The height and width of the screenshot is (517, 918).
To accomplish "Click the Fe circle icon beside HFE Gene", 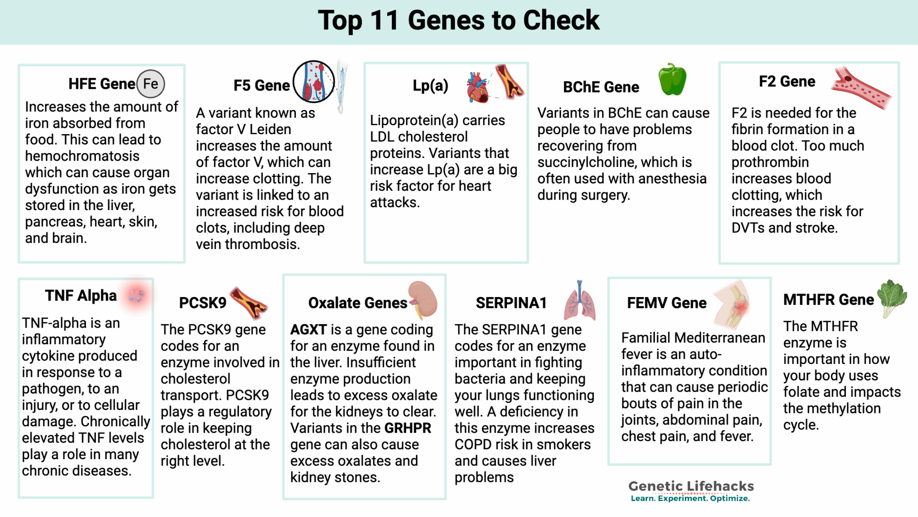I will pos(151,84).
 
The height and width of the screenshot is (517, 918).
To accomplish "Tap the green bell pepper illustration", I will pos(672,80).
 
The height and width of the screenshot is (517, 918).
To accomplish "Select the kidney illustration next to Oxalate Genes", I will pos(423,299).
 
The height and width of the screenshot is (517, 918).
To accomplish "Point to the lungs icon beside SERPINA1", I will pos(580,302).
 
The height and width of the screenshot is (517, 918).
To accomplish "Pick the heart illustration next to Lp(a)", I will pos(477,87).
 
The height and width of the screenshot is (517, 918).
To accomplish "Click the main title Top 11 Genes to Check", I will pos(459,21).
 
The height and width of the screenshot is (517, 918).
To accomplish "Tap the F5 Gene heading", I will pos(261,85).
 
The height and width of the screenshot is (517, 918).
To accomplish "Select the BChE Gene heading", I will pos(601,87).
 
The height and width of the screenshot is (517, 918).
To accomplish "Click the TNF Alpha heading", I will pos(81,296).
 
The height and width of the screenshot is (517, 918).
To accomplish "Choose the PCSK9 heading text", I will pos(203,303).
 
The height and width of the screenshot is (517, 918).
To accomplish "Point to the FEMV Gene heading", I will pos(667,303).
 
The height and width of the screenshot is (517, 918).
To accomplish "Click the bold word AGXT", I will pos(308,330).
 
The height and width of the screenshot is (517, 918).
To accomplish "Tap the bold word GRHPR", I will pos(407,428).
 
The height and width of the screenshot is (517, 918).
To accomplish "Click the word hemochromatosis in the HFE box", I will pos(82,156).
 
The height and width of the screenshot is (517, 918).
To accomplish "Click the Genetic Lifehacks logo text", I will pos(691,486).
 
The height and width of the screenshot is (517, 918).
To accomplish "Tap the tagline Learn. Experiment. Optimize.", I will pos(690,499).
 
